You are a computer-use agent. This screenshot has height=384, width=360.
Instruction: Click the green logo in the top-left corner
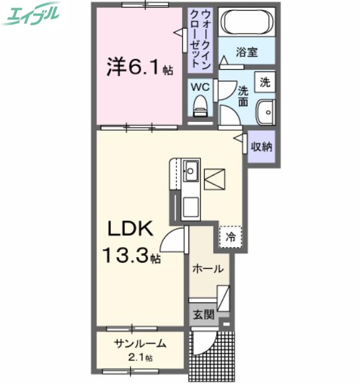(32, 14)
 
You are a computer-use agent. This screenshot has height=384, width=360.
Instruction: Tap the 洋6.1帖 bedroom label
(139, 67)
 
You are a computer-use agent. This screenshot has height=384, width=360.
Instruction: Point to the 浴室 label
(247, 52)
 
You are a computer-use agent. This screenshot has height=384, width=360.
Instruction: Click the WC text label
(200, 87)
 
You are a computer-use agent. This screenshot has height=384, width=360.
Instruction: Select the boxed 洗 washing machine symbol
(265, 82)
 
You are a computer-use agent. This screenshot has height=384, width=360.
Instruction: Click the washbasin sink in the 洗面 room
(266, 112)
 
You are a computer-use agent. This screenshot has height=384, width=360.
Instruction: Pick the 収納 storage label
(261, 147)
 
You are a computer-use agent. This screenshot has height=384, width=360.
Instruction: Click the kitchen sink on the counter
(191, 169)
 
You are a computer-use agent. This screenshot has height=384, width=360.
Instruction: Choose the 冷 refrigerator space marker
(230, 236)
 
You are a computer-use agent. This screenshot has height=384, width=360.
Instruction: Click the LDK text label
(131, 230)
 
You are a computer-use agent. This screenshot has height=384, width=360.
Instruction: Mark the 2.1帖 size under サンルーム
(141, 357)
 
